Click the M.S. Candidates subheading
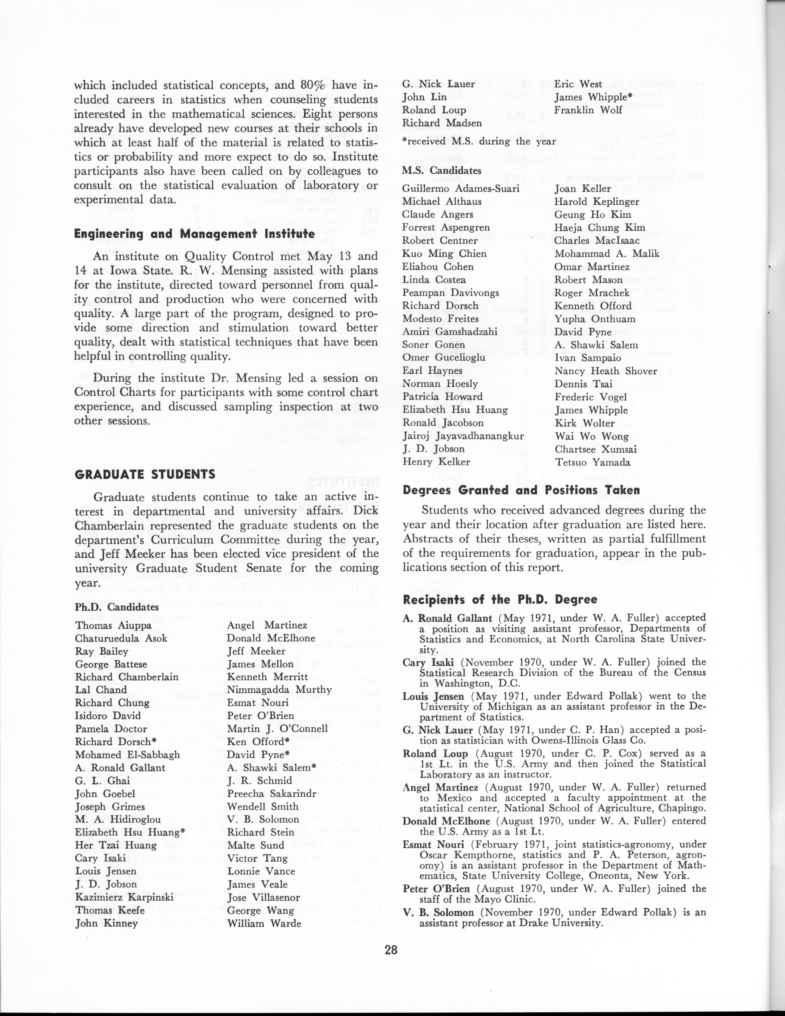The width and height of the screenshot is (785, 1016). pos(441,171)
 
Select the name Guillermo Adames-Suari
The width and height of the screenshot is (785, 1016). pos(460,189)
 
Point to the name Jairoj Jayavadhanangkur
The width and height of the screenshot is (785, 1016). pos(463,436)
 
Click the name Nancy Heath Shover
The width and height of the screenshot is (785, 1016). pos(606,371)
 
